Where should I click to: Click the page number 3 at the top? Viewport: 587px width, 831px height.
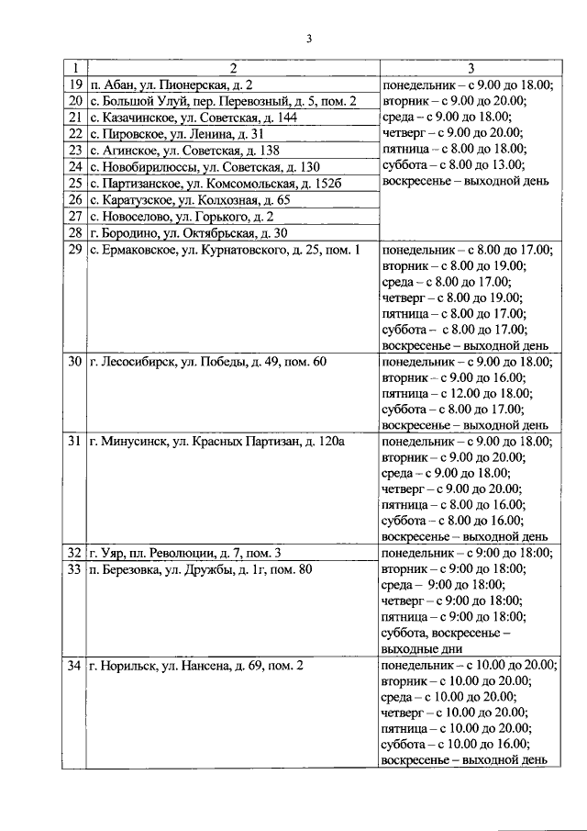(x=309, y=38)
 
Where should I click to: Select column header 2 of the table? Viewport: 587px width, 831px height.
(x=233, y=69)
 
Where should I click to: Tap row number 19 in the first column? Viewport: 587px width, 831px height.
(x=75, y=84)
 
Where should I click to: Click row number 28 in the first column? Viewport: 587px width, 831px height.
(x=75, y=231)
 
